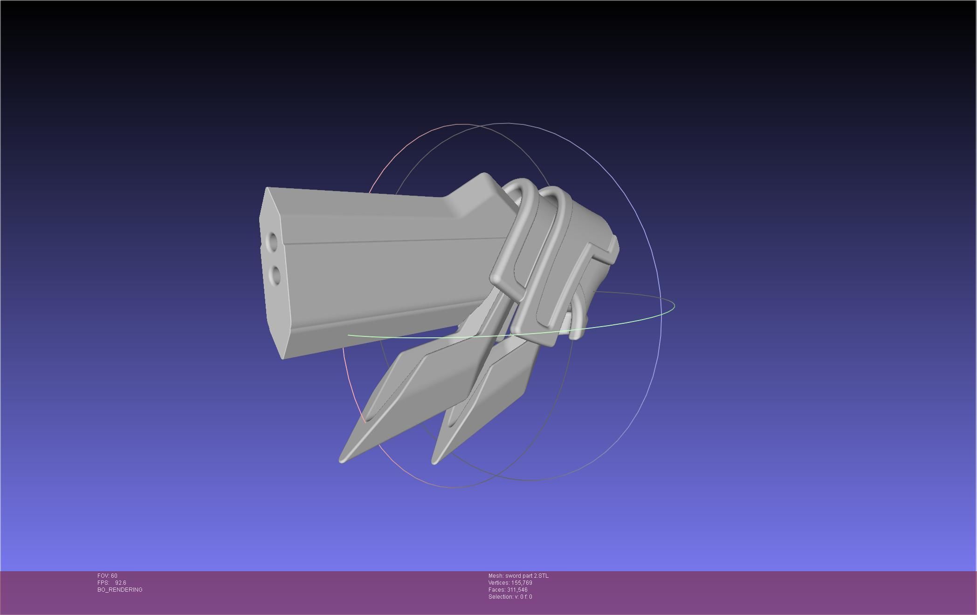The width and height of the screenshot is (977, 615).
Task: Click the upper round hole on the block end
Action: click(272, 241)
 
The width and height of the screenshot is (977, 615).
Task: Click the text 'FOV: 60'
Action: click(107, 576)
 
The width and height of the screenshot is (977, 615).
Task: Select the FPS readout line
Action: click(112, 583)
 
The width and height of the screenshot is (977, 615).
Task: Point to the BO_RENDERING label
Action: click(120, 590)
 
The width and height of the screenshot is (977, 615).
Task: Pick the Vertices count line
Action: click(510, 583)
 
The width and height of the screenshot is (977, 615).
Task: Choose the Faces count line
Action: click(508, 590)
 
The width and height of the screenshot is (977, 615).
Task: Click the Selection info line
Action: click(510, 597)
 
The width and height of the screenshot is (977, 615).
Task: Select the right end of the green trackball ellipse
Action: click(674, 306)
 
